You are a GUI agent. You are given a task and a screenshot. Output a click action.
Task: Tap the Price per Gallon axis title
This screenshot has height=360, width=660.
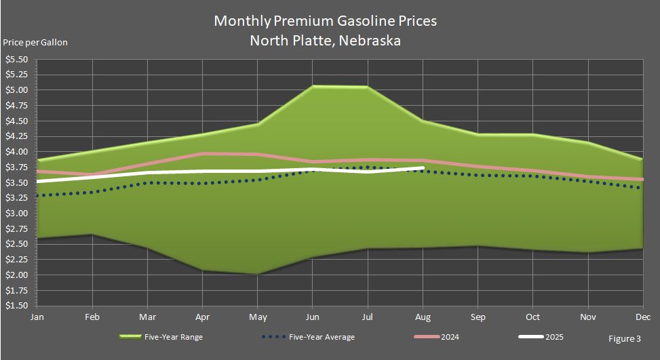point(35,43)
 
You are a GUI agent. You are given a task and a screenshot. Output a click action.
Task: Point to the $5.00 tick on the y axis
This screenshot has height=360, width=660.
point(16,90)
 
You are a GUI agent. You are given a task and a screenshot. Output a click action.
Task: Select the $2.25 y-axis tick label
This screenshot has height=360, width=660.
point(16,260)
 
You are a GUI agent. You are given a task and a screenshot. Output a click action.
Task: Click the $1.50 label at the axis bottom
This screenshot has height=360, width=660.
point(16,306)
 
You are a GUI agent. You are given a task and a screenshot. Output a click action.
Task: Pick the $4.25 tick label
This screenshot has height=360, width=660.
point(16,136)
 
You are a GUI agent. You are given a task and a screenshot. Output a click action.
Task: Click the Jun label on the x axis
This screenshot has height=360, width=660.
point(312,317)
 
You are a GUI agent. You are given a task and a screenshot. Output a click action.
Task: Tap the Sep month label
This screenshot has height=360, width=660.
point(478,317)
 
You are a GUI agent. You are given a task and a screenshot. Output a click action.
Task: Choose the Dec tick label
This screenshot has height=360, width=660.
point(643,317)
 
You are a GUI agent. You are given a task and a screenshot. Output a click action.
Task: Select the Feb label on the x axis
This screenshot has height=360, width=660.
point(92,317)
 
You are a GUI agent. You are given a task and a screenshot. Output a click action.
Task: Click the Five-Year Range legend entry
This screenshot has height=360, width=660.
point(161,337)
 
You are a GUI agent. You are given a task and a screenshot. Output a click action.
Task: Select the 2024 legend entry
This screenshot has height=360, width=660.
point(436,337)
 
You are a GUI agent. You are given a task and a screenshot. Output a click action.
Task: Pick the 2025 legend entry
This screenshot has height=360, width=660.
point(541,337)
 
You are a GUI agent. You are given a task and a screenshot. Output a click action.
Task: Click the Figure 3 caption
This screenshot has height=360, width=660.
point(625,338)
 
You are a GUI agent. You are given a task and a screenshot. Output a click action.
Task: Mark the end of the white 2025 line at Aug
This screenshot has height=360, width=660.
point(423,168)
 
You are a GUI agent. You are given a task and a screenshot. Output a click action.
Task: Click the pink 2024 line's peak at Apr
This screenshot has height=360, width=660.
point(202,153)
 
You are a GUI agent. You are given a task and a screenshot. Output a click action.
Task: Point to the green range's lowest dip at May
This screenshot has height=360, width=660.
point(257,274)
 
